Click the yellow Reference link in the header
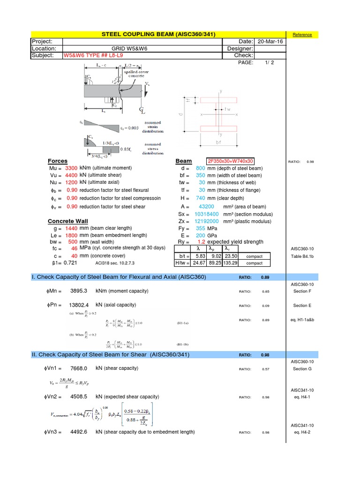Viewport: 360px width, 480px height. pyautogui.click(x=302, y=35)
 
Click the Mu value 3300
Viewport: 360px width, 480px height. pyautogui.click(x=71, y=168)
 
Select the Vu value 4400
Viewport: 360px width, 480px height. pyautogui.click(x=71, y=175)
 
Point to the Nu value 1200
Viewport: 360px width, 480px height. pyautogui.click(x=71, y=182)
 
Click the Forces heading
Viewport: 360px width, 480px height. pyautogui.click(x=58, y=161)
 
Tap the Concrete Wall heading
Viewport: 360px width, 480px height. pyautogui.click(x=68, y=221)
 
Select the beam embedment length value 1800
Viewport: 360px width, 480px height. pyautogui.click(x=71, y=235)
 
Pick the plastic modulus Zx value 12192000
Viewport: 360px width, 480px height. pyautogui.click(x=206, y=221)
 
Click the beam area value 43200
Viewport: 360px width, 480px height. pyautogui.click(x=207, y=207)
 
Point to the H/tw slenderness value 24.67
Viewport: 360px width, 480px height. pyautogui.click(x=199, y=263)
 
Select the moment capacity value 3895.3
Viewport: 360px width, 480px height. pyautogui.click(x=79, y=291)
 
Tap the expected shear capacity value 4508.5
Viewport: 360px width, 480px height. pyautogui.click(x=79, y=397)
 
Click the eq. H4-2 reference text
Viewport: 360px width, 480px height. pyautogui.click(x=302, y=432)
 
